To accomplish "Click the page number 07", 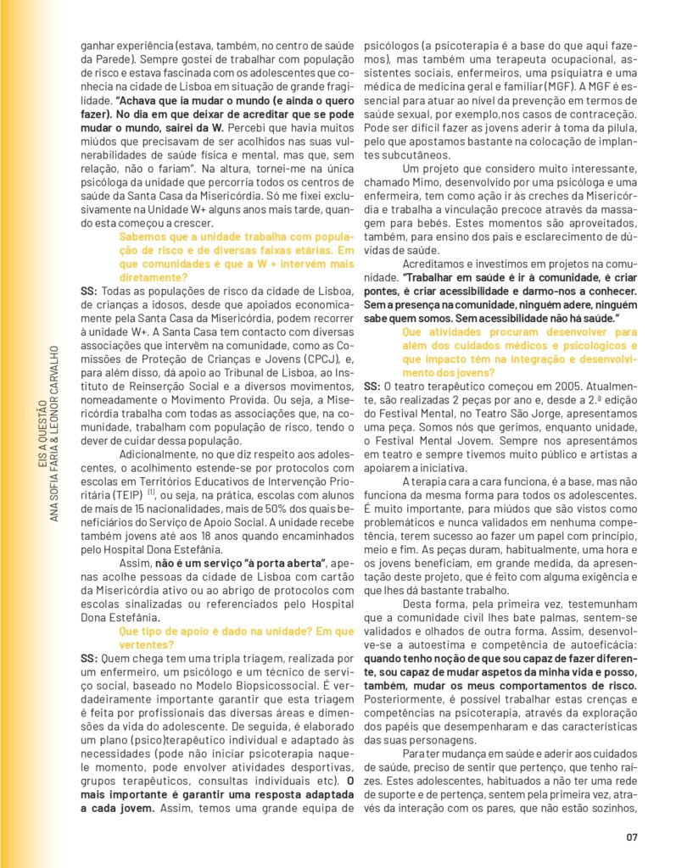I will click(x=631, y=837).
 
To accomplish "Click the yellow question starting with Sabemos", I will click(x=237, y=256).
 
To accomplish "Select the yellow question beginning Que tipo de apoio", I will click(x=237, y=637).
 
